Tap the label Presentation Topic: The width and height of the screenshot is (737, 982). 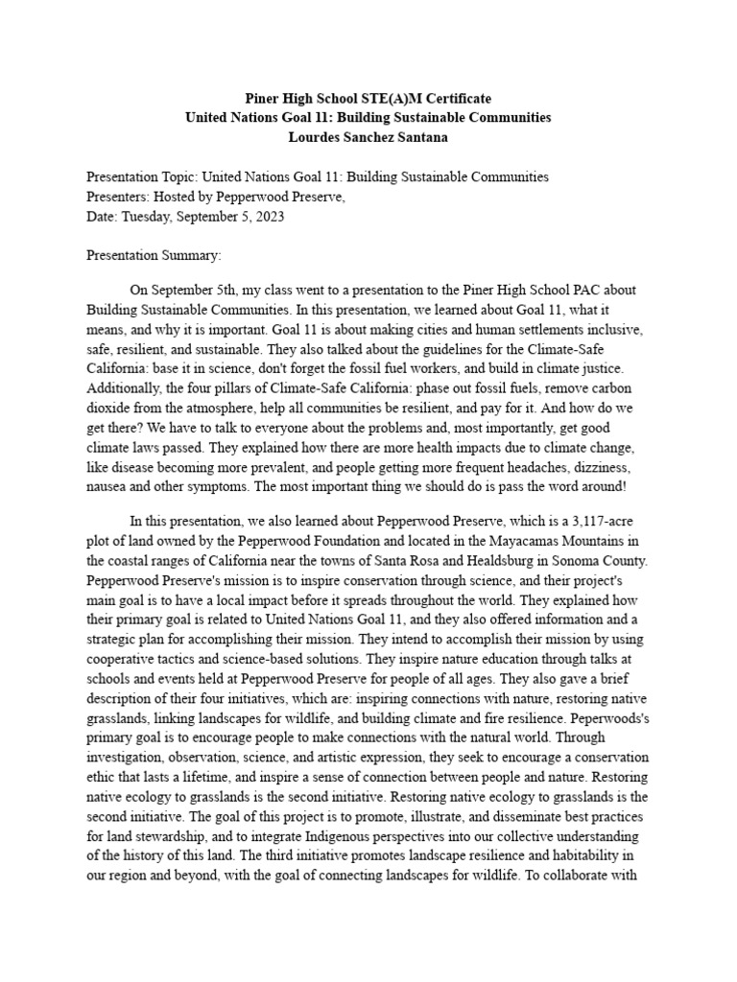(x=139, y=176)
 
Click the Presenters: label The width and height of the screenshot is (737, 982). (x=118, y=197)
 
